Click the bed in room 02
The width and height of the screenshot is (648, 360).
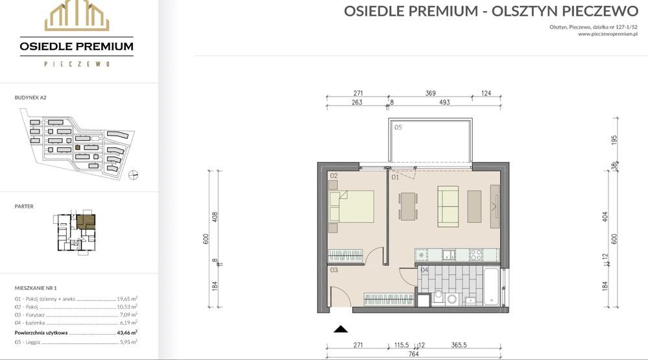click(x=352, y=206)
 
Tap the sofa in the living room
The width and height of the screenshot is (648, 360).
click(x=448, y=206)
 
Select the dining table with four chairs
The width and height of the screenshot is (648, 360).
click(x=408, y=206)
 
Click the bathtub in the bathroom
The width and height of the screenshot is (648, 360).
click(x=492, y=287)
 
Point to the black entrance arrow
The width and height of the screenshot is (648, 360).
click(x=341, y=329)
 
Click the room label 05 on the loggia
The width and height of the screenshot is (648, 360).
click(x=398, y=127)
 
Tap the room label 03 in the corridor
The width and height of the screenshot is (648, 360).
click(x=334, y=270)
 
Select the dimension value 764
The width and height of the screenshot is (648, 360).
click(x=413, y=354)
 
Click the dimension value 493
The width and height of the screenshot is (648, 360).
click(x=444, y=102)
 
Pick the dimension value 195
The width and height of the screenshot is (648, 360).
click(x=614, y=140)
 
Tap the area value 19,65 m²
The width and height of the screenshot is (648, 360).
click(x=127, y=298)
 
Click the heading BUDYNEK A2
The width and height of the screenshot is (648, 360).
click(x=30, y=97)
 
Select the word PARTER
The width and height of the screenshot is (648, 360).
click(x=24, y=206)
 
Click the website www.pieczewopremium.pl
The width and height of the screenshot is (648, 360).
click(x=608, y=34)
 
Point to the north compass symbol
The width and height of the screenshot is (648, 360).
click(x=133, y=175)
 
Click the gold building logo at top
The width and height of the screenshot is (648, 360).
click(x=77, y=16)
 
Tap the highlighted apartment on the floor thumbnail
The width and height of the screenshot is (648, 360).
click(x=86, y=222)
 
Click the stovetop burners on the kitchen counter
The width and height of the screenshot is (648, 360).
click(x=475, y=255)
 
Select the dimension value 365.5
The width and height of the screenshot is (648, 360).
click(x=459, y=345)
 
